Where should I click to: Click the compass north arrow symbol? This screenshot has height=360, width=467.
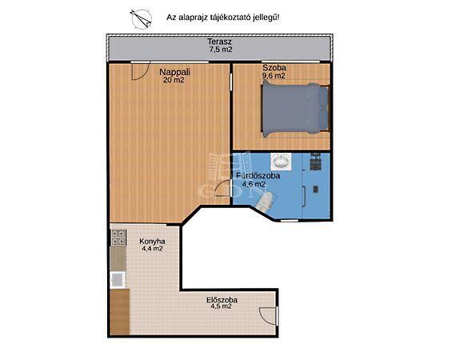click(x=142, y=18)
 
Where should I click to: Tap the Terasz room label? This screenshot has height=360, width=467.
click(x=219, y=42)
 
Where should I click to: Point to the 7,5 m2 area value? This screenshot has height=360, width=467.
click(x=221, y=50)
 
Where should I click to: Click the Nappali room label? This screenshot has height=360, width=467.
click(x=175, y=72)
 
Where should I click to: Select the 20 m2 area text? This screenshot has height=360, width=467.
click(x=174, y=80)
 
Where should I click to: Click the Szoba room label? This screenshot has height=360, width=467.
click(x=274, y=68)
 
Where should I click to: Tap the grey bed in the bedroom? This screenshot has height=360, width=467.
click(x=295, y=109)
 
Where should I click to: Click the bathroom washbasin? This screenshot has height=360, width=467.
click(x=281, y=162)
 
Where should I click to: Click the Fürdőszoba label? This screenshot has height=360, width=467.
click(x=258, y=176)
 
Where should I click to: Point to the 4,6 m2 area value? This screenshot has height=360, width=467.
click(x=253, y=184)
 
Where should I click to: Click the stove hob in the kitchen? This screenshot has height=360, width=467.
click(x=118, y=238)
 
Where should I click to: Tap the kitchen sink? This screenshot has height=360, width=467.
click(x=118, y=280)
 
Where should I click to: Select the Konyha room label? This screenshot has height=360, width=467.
click(x=152, y=241)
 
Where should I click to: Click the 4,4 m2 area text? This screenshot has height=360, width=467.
click(x=152, y=249)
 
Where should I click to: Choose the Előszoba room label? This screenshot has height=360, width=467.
click(x=222, y=300)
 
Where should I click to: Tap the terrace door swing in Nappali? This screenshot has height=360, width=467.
click(x=140, y=71)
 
